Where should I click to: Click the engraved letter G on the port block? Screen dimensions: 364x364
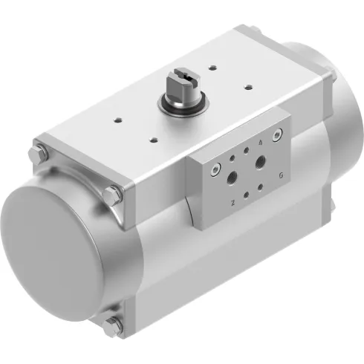280,175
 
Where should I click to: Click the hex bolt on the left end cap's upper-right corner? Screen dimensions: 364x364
113,195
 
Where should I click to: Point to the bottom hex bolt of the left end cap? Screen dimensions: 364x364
113,324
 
